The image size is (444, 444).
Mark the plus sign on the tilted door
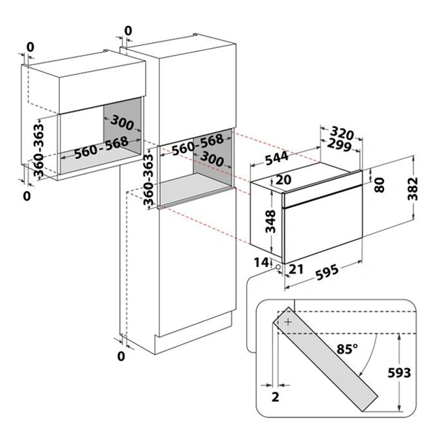pyautogui.click(x=288, y=323)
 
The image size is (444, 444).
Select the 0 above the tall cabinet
pyautogui.click(x=129, y=30)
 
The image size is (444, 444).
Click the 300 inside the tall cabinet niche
pyautogui.click(x=213, y=160)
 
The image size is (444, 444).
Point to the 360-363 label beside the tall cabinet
pyautogui.click(x=147, y=181)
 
